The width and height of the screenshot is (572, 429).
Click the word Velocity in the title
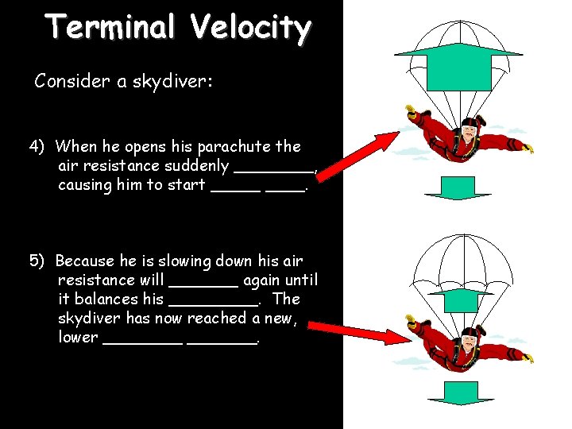pyautogui.click(x=250, y=28)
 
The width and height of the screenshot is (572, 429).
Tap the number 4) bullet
pyautogui.click(x=37, y=146)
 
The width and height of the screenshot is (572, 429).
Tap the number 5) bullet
pyautogui.click(x=37, y=261)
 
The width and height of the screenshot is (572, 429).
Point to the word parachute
pyautogui.click(x=237, y=147)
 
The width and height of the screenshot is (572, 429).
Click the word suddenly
pyautogui.click(x=196, y=166)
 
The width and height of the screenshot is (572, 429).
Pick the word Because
pyautogui.click(x=86, y=261)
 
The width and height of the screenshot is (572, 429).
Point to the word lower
pyautogui.click(x=78, y=338)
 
